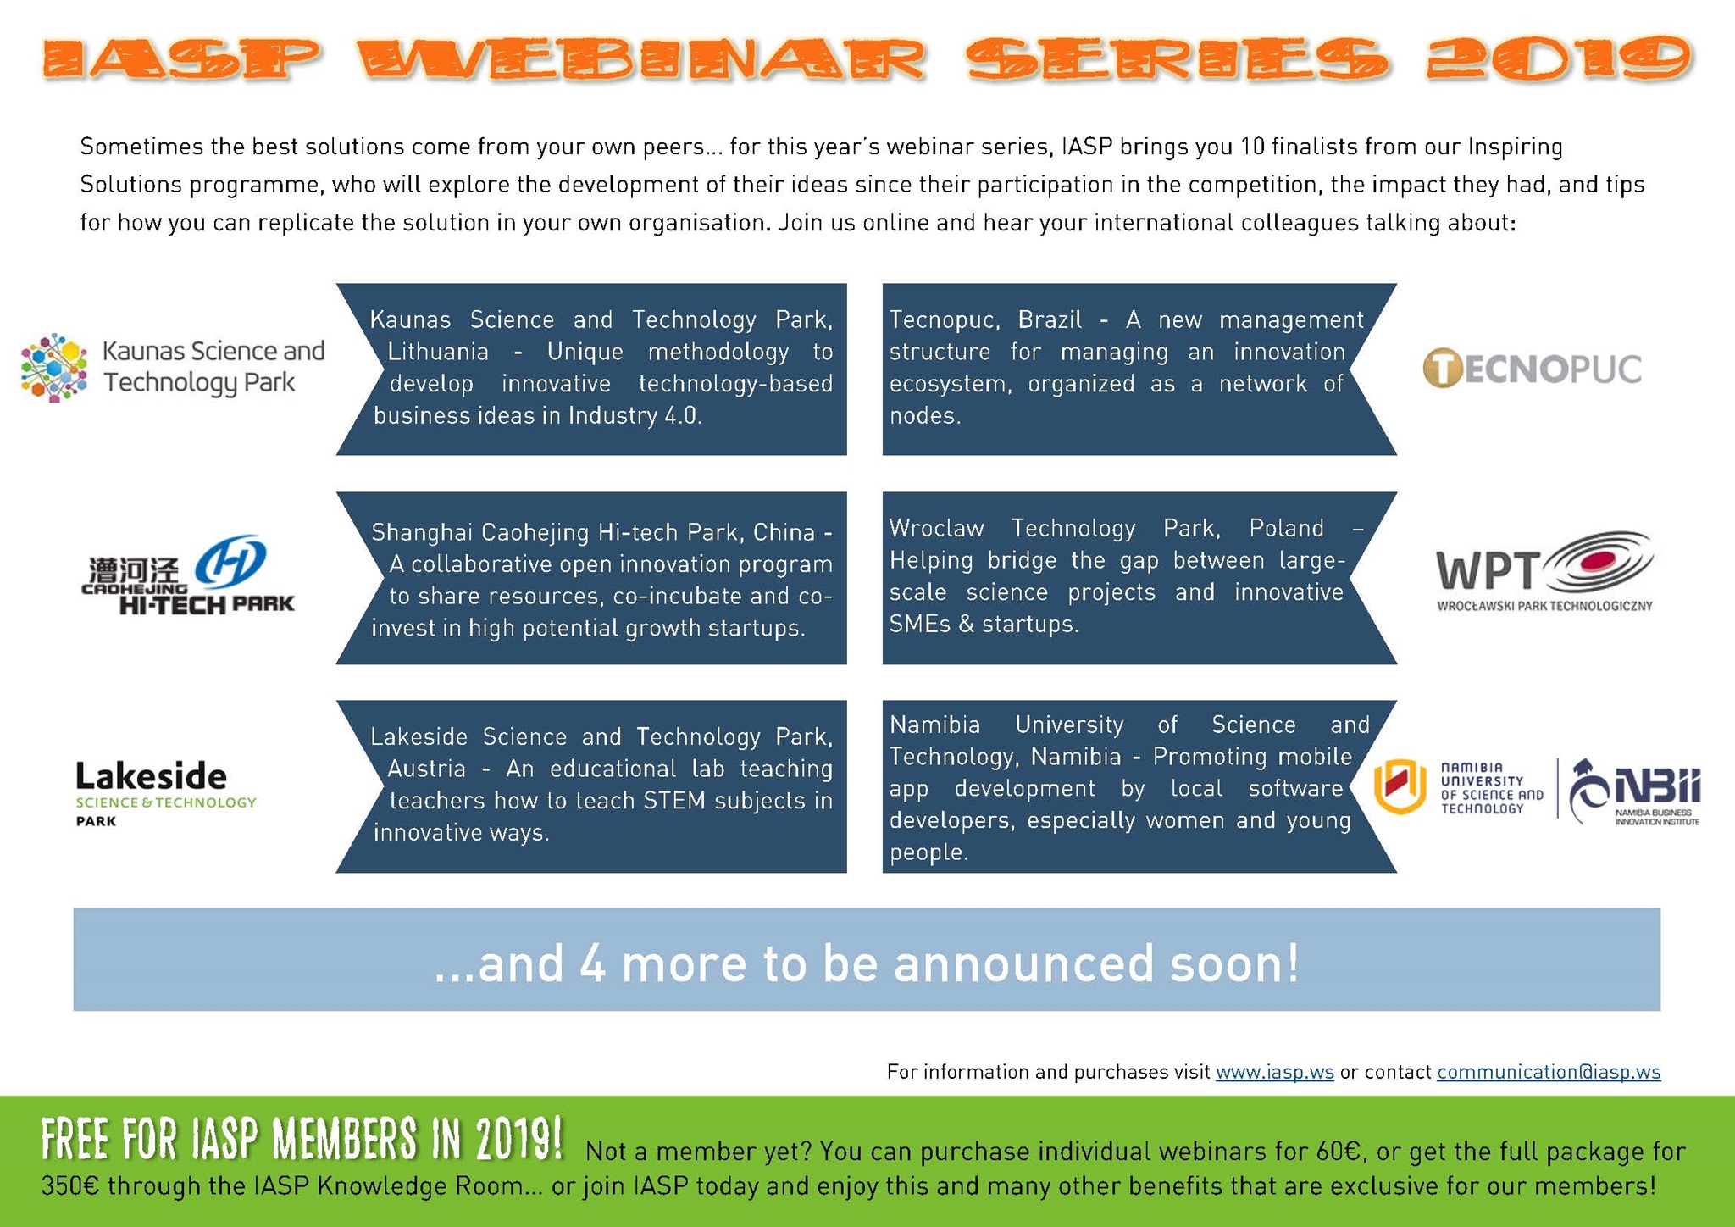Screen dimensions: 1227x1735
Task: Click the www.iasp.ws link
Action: (1274, 1072)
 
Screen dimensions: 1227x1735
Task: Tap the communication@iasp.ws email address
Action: (1548, 1072)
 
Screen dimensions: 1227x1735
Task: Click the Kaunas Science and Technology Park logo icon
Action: (54, 367)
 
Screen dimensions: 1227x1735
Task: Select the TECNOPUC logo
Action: (1532, 369)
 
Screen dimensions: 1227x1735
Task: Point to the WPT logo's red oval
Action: (1596, 560)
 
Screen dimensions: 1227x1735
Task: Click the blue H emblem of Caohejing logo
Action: (230, 560)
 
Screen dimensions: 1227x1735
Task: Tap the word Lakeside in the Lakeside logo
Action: (152, 775)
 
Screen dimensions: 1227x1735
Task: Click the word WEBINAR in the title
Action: (641, 59)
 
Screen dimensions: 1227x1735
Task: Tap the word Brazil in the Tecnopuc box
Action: (1050, 320)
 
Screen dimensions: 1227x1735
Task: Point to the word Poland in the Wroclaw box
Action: (1286, 529)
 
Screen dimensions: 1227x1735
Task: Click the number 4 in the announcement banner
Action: (593, 963)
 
